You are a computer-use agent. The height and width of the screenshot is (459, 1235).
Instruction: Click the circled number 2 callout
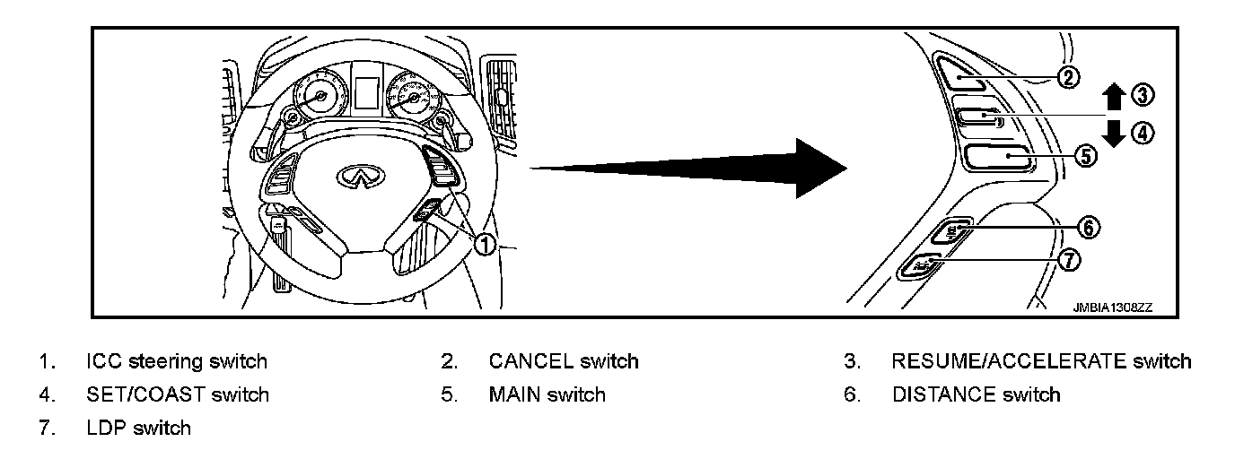click(1068, 77)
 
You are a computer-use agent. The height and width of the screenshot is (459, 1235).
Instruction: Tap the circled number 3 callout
click(1143, 94)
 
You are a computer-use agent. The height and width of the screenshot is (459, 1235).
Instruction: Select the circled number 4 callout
click(1143, 134)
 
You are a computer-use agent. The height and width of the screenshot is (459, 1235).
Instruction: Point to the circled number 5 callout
click(1084, 156)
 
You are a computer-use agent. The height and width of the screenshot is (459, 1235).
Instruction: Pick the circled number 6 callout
click(1087, 228)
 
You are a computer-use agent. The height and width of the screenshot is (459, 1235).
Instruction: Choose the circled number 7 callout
click(1069, 260)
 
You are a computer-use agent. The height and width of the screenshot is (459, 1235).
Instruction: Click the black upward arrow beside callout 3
click(1114, 97)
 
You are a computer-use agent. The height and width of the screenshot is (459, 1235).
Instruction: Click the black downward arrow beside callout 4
click(1114, 133)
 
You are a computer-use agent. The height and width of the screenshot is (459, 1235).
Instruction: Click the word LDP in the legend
click(106, 428)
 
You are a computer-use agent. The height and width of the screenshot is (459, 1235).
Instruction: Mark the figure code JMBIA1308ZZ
click(1112, 307)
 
